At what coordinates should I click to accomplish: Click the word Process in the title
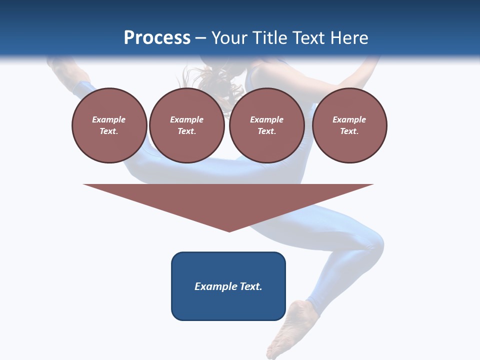[x=157, y=38]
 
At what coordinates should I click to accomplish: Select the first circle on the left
[x=109, y=125]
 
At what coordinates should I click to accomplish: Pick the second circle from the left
[x=187, y=125]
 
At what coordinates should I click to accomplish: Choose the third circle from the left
[x=267, y=125]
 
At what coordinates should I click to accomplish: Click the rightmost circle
[x=349, y=125]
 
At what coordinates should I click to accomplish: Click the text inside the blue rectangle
[x=228, y=286]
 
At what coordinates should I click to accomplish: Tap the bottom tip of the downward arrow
[x=229, y=231]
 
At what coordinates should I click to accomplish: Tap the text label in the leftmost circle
[x=109, y=125]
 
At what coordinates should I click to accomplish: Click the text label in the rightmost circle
[x=349, y=125]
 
